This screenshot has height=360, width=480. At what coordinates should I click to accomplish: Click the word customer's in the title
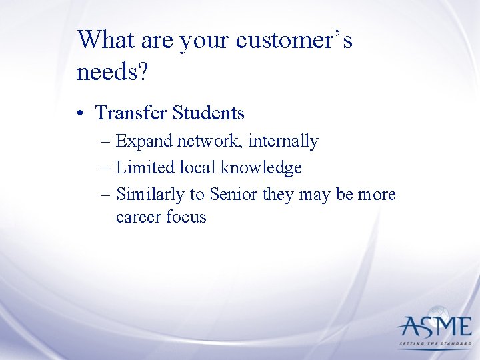(x=294, y=40)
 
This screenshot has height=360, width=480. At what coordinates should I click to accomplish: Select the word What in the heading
(x=105, y=40)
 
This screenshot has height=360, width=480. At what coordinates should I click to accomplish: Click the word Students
(x=208, y=113)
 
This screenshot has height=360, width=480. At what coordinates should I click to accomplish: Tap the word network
(x=208, y=141)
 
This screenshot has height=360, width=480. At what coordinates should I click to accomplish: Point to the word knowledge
(x=265, y=168)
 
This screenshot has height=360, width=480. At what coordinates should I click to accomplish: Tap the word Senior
(x=233, y=195)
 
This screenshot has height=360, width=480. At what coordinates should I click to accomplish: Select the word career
(x=137, y=217)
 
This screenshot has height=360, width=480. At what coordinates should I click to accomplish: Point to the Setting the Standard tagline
(x=434, y=345)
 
